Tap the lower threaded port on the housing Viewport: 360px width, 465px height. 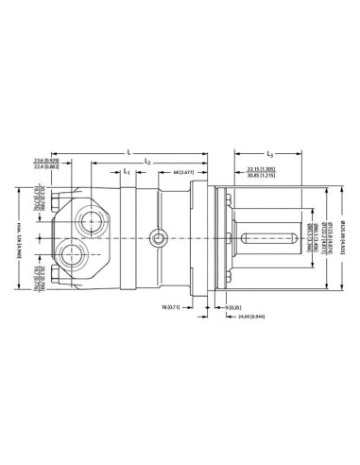73,253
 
